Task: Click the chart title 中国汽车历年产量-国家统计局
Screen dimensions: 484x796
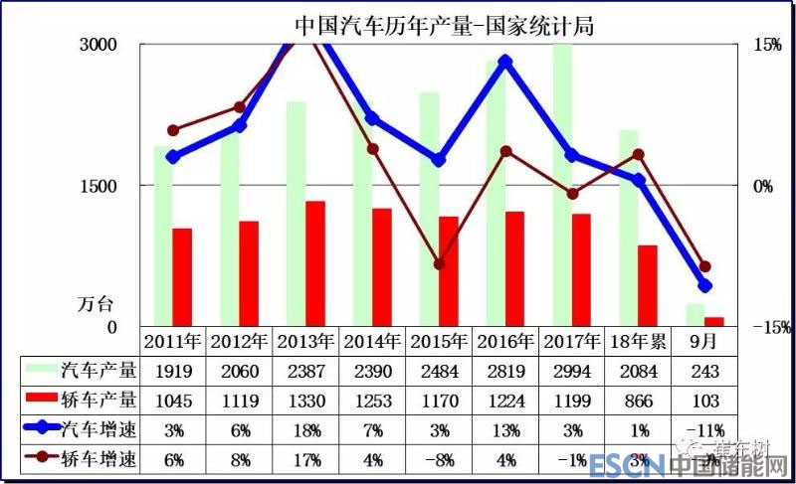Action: (444, 24)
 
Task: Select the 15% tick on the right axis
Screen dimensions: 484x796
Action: (766, 45)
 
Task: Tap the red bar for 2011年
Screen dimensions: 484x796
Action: (181, 277)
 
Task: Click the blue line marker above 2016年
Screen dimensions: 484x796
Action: (505, 62)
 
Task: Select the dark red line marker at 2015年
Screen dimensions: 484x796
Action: (439, 264)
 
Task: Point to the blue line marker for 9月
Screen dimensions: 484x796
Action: (705, 286)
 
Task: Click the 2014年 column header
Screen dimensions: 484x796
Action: (371, 341)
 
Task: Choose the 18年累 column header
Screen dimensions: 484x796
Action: (639, 341)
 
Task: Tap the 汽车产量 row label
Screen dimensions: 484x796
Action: (99, 372)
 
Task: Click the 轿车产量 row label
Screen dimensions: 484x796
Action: (99, 402)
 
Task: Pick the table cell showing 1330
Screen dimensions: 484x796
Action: (305, 402)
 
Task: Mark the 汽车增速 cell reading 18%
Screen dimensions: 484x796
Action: (305, 431)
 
